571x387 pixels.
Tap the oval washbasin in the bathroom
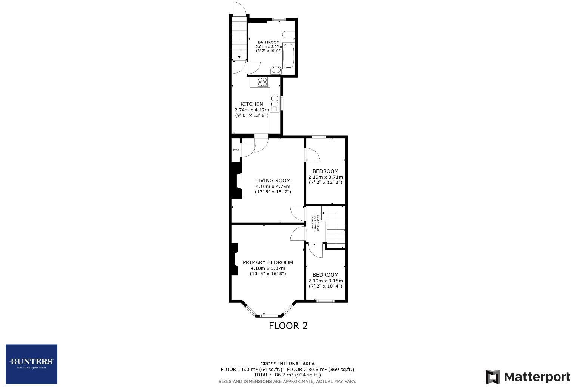[276, 70]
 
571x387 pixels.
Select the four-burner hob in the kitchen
[262, 82]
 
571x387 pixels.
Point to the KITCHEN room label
[252, 104]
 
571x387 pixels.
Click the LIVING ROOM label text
[273, 180]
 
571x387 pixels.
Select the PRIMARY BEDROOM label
[268, 262]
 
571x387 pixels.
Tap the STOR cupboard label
[236, 150]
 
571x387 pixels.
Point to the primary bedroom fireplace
[235, 259]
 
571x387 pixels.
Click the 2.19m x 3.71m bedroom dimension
[326, 177]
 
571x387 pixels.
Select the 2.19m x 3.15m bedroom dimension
[326, 281]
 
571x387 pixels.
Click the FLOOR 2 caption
[288, 326]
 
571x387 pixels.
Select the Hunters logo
[31, 364]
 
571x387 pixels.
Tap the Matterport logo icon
[492, 377]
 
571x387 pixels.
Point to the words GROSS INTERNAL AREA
[287, 364]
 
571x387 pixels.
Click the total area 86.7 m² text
[287, 375]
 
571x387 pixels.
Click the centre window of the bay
[269, 315]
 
